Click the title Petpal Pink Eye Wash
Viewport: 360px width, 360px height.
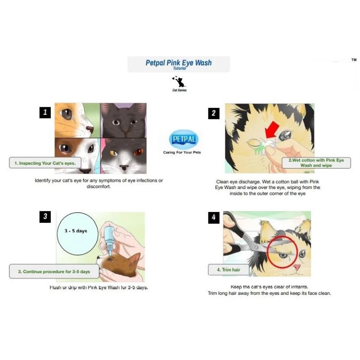tap(178, 63)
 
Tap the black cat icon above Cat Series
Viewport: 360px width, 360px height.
tap(179, 81)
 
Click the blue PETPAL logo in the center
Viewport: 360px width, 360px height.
tap(183, 140)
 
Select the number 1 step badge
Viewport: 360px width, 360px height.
tap(45, 112)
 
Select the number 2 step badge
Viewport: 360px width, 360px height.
tap(214, 113)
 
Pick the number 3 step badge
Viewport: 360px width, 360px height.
tap(45, 217)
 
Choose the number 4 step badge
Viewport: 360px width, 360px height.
tap(214, 217)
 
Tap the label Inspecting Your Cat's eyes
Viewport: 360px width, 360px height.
tap(45, 163)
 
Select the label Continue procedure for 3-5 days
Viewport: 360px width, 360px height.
tap(54, 272)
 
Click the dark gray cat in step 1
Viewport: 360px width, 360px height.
tap(123, 121)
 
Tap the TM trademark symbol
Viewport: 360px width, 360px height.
tap(353, 60)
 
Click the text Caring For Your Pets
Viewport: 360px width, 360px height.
tap(182, 153)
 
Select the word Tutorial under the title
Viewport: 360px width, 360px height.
tap(179, 68)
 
